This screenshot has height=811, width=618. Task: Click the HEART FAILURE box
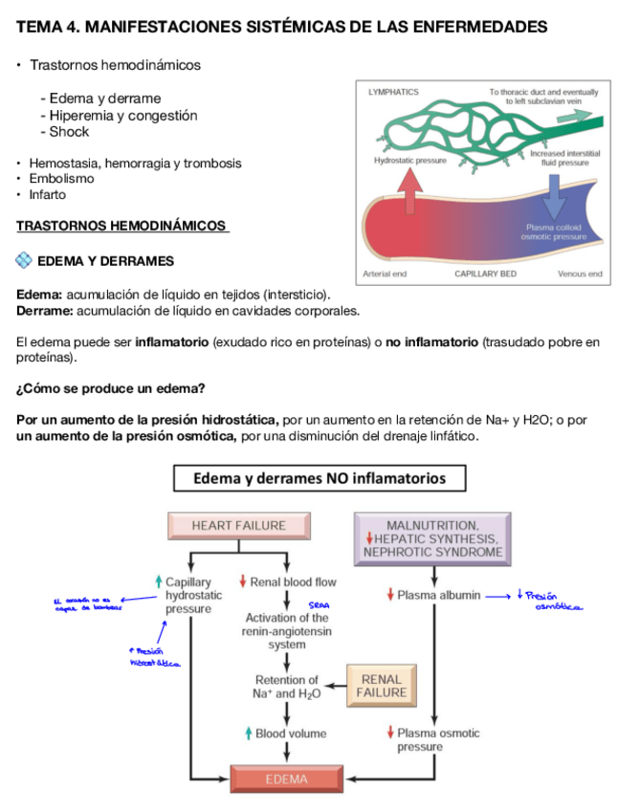[239, 525]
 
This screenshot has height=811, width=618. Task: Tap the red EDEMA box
[287, 778]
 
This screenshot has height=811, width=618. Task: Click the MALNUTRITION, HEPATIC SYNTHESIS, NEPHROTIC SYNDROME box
[433, 538]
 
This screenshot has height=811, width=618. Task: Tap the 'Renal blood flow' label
[287, 581]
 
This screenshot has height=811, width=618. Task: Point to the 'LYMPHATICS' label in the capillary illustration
[393, 92]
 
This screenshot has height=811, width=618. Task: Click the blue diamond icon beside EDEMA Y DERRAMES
[25, 260]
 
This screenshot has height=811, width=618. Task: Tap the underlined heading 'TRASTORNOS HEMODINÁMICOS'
[122, 227]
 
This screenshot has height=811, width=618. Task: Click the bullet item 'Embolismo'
[61, 179]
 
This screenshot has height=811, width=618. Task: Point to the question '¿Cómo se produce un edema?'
[110, 389]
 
